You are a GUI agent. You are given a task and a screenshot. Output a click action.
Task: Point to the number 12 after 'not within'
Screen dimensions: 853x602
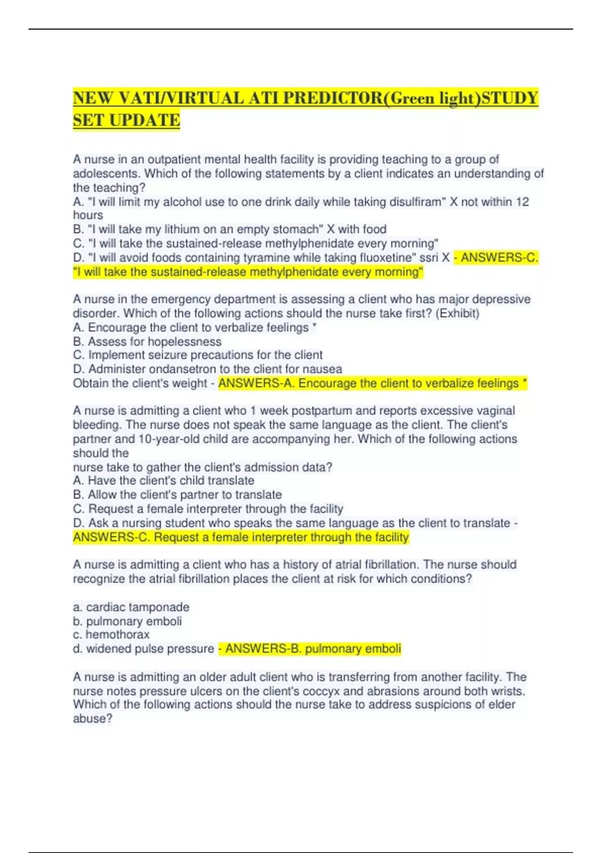click(x=522, y=202)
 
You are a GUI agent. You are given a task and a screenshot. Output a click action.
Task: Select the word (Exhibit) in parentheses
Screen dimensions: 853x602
click(x=457, y=314)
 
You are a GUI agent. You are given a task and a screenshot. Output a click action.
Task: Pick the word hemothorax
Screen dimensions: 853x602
click(x=117, y=635)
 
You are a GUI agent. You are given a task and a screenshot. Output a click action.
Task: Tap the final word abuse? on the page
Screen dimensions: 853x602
click(x=93, y=719)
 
